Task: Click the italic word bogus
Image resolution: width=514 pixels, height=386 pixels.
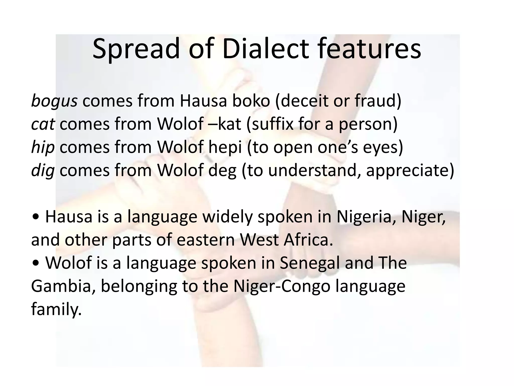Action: click(54, 101)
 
